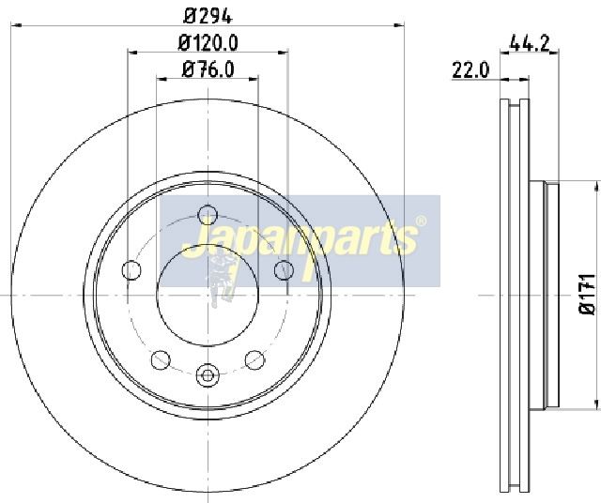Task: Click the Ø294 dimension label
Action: tap(208, 16)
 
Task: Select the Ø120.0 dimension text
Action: tap(208, 42)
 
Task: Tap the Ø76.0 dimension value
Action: tap(208, 69)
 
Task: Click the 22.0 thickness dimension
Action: tap(470, 70)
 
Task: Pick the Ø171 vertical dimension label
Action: tap(587, 295)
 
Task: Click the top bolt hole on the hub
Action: tap(208, 215)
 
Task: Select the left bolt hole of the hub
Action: tap(131, 270)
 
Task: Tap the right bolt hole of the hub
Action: tap(284, 270)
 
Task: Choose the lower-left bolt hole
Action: tap(161, 359)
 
